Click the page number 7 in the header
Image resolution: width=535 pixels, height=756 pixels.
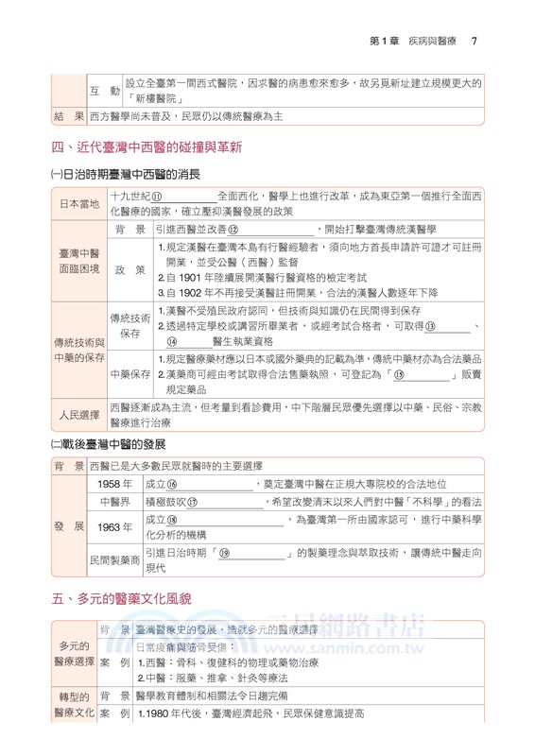(x=474, y=41)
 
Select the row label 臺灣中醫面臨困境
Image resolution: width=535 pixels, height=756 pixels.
(x=78, y=261)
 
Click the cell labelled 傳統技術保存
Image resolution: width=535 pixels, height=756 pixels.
(x=129, y=325)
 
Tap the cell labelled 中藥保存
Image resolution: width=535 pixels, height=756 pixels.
(x=129, y=374)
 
